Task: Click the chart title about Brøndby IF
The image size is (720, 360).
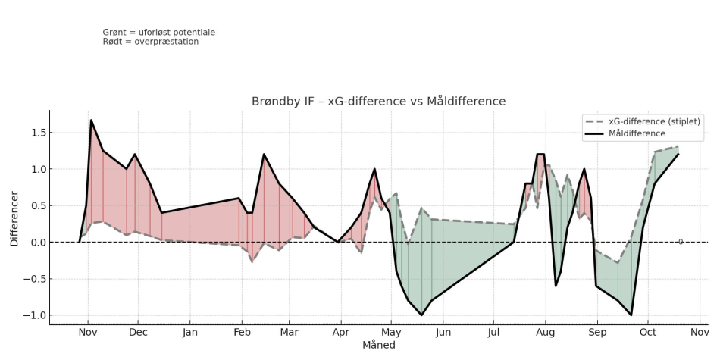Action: [x=378, y=102]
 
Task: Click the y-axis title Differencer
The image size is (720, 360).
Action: [x=14, y=218]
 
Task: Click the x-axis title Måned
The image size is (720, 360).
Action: [x=378, y=345]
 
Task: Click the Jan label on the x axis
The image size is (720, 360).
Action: [x=189, y=332]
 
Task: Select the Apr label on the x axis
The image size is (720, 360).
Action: [x=341, y=332]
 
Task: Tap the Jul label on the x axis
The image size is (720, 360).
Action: [x=494, y=332]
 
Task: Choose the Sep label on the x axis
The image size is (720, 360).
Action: [x=597, y=332]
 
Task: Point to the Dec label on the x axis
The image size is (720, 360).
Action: [x=138, y=332]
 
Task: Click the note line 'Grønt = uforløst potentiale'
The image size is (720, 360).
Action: [x=159, y=33]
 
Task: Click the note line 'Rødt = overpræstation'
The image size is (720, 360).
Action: [x=151, y=42]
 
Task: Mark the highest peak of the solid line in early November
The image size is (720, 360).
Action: [x=91, y=120]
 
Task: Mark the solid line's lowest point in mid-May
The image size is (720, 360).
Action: [x=421, y=315]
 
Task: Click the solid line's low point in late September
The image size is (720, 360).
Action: [x=631, y=315]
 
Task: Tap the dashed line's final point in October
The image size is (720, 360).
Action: [x=678, y=147]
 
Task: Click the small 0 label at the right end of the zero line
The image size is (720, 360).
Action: [x=681, y=242]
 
